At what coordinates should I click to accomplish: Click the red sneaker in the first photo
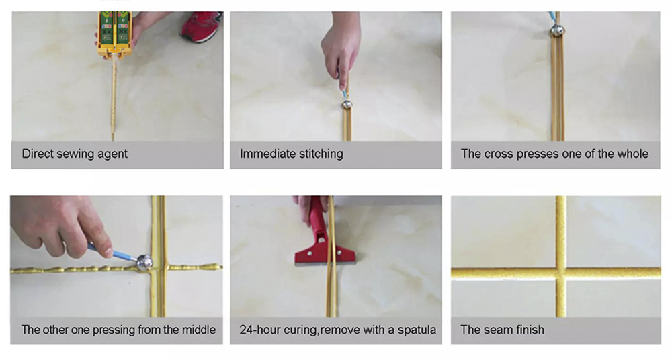point(202,26)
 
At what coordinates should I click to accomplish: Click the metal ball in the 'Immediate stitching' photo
point(347,104)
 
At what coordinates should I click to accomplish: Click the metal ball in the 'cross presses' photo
point(557,30)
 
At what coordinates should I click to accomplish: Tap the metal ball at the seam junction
point(144,263)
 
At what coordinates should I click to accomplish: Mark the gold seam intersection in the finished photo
point(560,273)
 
